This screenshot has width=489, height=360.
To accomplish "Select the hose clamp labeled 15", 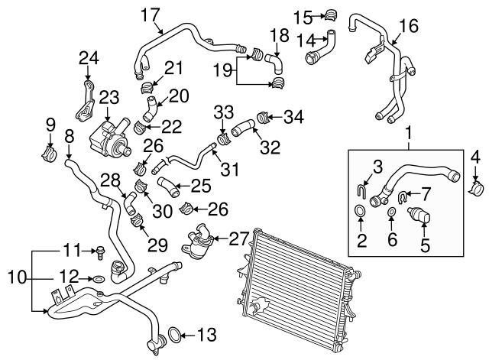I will [x=332, y=15].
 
